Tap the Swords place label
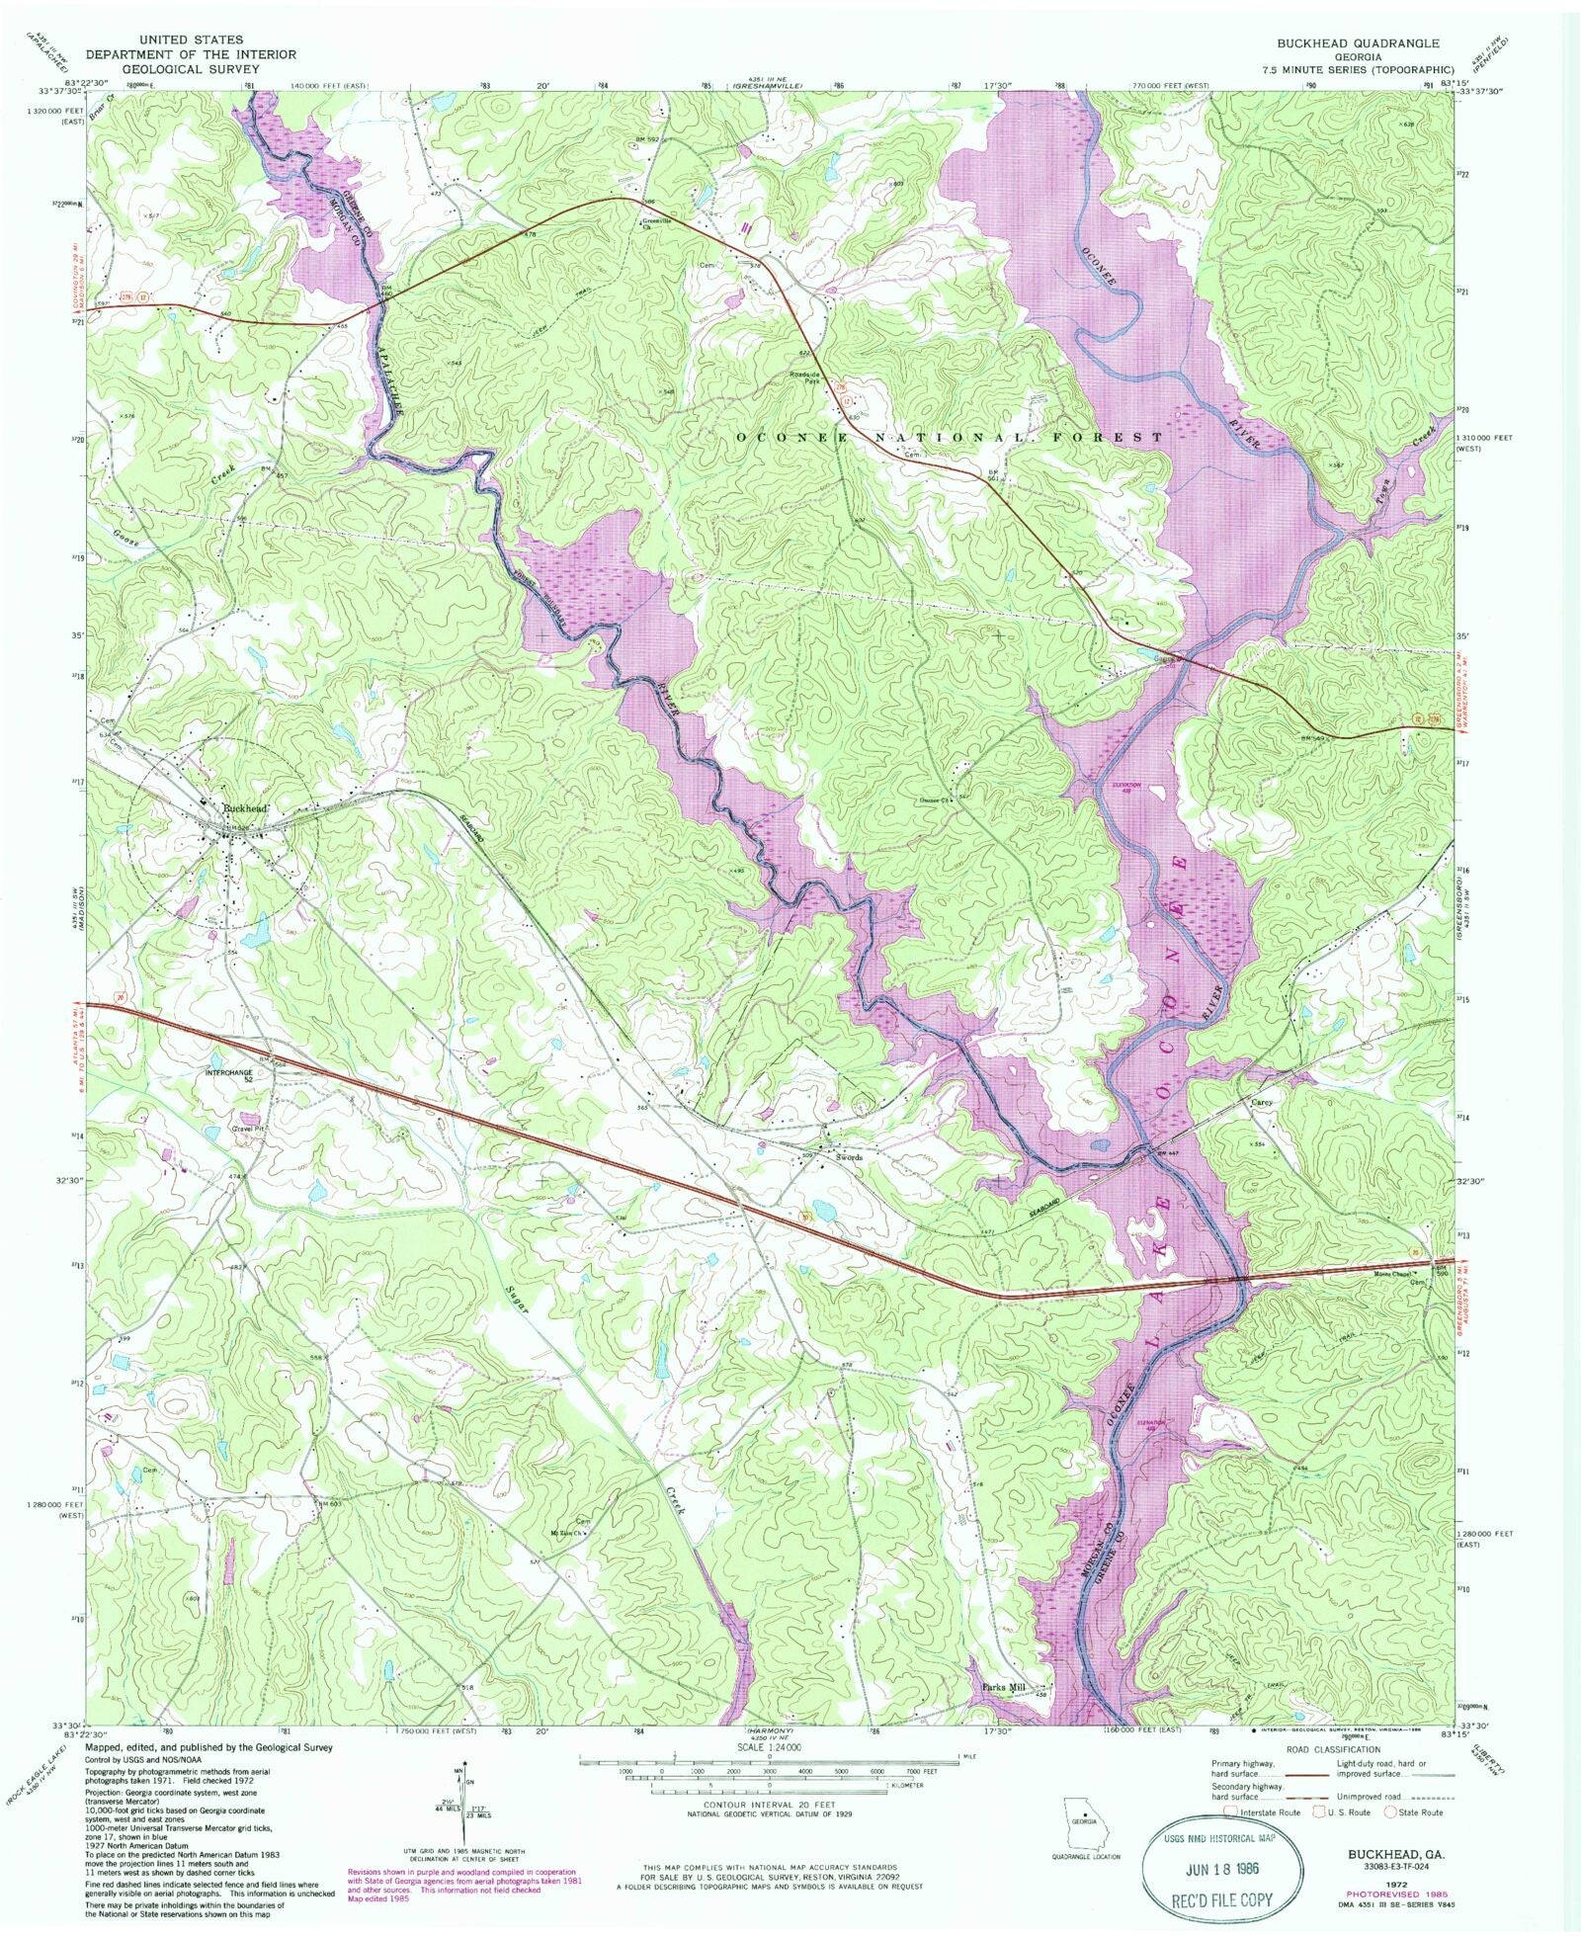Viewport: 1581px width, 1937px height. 848,1157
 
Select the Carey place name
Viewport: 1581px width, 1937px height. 1260,1101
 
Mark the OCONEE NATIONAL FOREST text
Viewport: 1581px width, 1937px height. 949,436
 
